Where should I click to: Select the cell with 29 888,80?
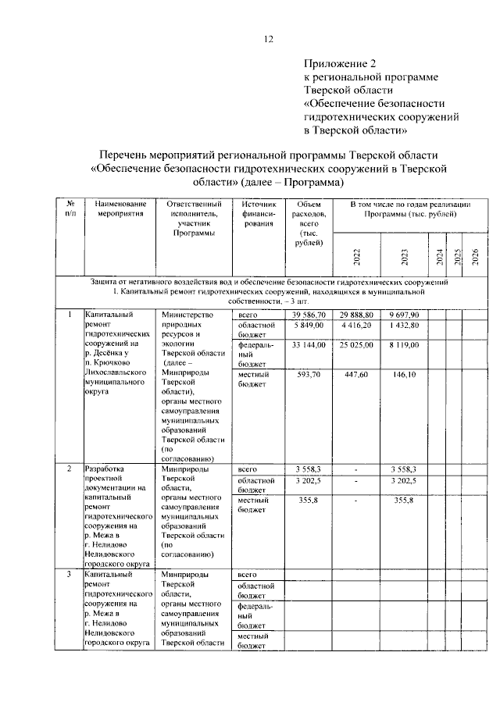click(356, 314)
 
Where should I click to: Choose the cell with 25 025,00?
click(356, 344)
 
